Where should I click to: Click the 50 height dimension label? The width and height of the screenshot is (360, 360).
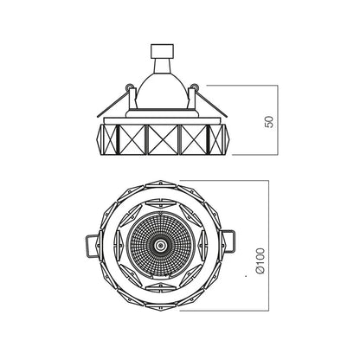pos(268,121)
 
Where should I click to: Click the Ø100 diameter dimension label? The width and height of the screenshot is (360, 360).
pos(260,260)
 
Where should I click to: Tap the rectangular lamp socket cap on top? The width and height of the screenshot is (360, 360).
pos(163,51)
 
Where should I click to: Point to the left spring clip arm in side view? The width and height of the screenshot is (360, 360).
pos(113,104)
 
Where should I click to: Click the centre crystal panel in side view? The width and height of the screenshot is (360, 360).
pos(162,140)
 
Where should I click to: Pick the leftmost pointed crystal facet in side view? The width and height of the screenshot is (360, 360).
pos(108,140)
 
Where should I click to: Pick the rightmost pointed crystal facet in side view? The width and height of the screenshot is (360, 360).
pos(217,140)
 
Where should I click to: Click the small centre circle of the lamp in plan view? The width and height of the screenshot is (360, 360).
pos(159,246)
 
